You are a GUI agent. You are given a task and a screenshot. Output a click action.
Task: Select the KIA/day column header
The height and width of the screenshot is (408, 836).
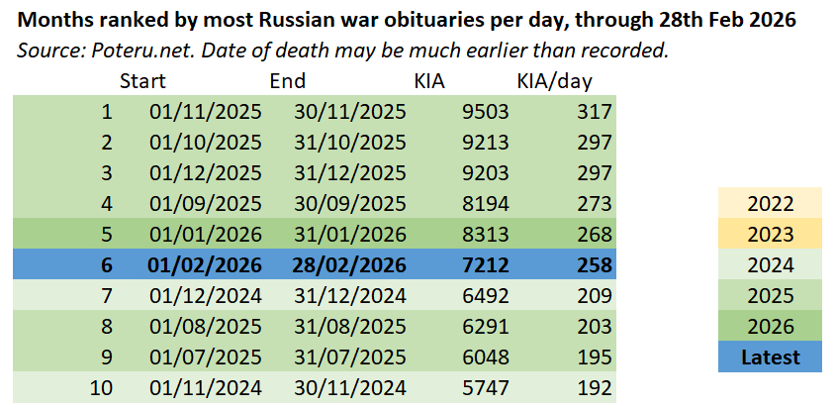click(554, 81)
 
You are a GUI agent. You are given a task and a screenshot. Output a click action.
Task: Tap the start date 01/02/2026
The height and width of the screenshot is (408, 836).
click(206, 266)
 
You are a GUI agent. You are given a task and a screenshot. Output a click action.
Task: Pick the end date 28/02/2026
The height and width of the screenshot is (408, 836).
click(350, 266)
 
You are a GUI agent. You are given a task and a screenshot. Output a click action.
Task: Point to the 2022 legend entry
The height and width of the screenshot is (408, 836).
click(770, 204)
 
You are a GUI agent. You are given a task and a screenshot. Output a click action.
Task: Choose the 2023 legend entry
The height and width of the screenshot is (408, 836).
click(770, 235)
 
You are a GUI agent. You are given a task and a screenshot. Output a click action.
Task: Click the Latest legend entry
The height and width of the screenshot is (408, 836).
click(770, 357)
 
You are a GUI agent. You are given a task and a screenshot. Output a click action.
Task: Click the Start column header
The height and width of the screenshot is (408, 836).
click(142, 81)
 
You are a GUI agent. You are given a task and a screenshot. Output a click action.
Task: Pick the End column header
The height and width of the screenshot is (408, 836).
click(288, 81)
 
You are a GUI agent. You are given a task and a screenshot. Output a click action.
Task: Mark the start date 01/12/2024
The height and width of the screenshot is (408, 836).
click(206, 296)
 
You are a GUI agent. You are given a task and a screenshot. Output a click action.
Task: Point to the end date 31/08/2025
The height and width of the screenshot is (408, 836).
click(350, 327)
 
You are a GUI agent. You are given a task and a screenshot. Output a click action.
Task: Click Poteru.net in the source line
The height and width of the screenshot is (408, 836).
click(121, 51)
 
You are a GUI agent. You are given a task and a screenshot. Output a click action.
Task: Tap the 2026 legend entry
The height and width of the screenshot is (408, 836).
click(770, 327)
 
